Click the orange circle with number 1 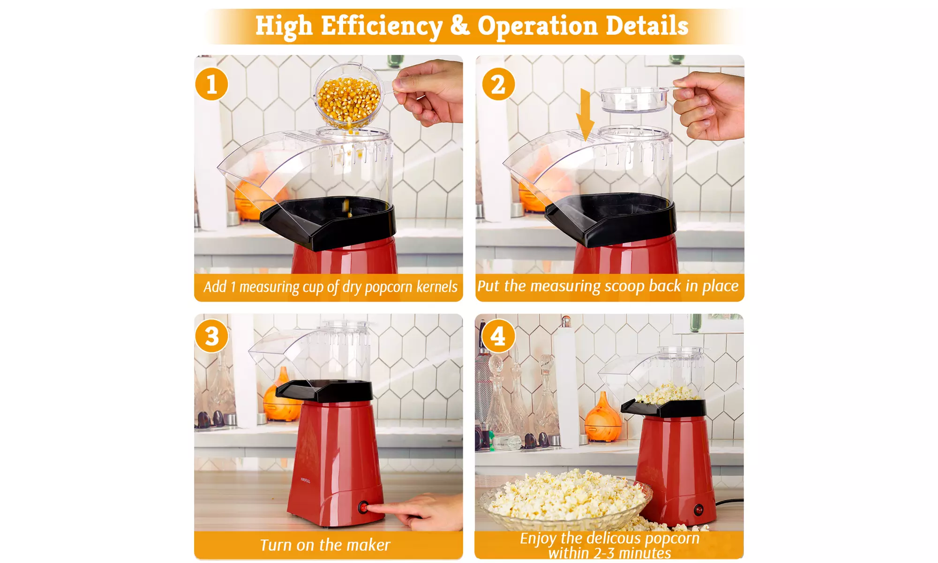[211, 84]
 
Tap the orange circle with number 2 [498, 84]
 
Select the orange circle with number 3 [211, 336]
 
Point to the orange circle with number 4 [498, 336]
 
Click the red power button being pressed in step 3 [363, 507]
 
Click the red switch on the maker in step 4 [698, 510]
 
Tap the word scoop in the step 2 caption [624, 286]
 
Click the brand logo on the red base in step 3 [306, 480]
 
